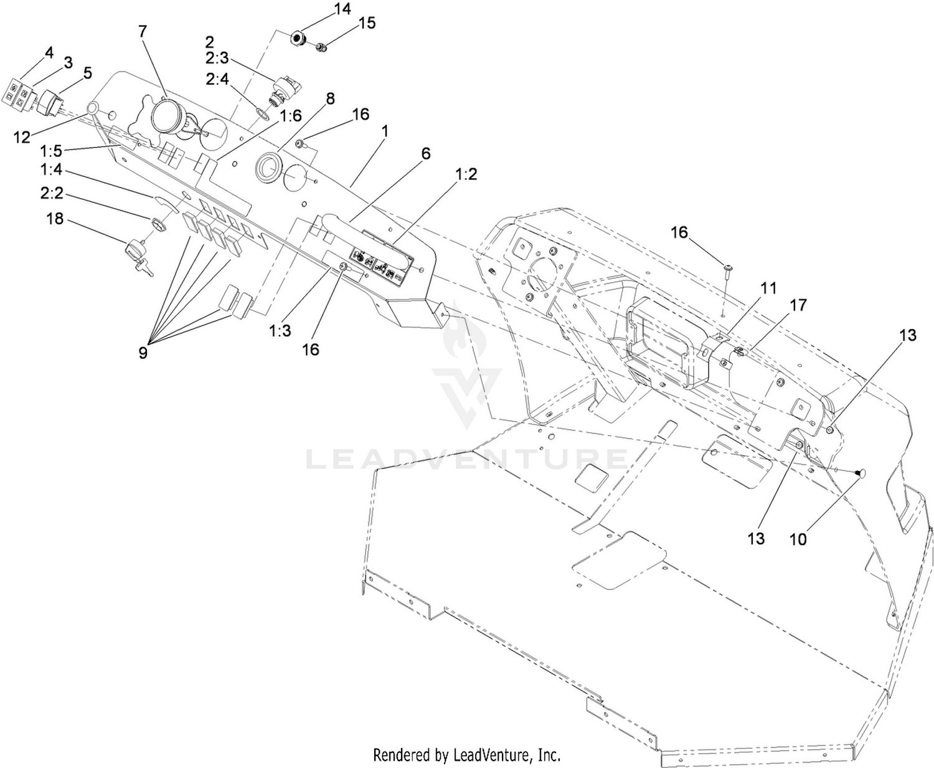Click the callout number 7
click(142, 31)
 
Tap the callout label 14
click(342, 9)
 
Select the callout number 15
click(367, 23)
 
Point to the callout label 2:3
click(217, 57)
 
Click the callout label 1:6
click(291, 116)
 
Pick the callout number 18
click(55, 219)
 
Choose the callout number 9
click(143, 353)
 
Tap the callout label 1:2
click(466, 174)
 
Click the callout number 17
click(798, 305)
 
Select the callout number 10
click(798, 539)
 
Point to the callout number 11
click(768, 288)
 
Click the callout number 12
click(22, 137)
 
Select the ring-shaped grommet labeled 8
click(268, 168)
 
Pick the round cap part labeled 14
click(298, 39)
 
